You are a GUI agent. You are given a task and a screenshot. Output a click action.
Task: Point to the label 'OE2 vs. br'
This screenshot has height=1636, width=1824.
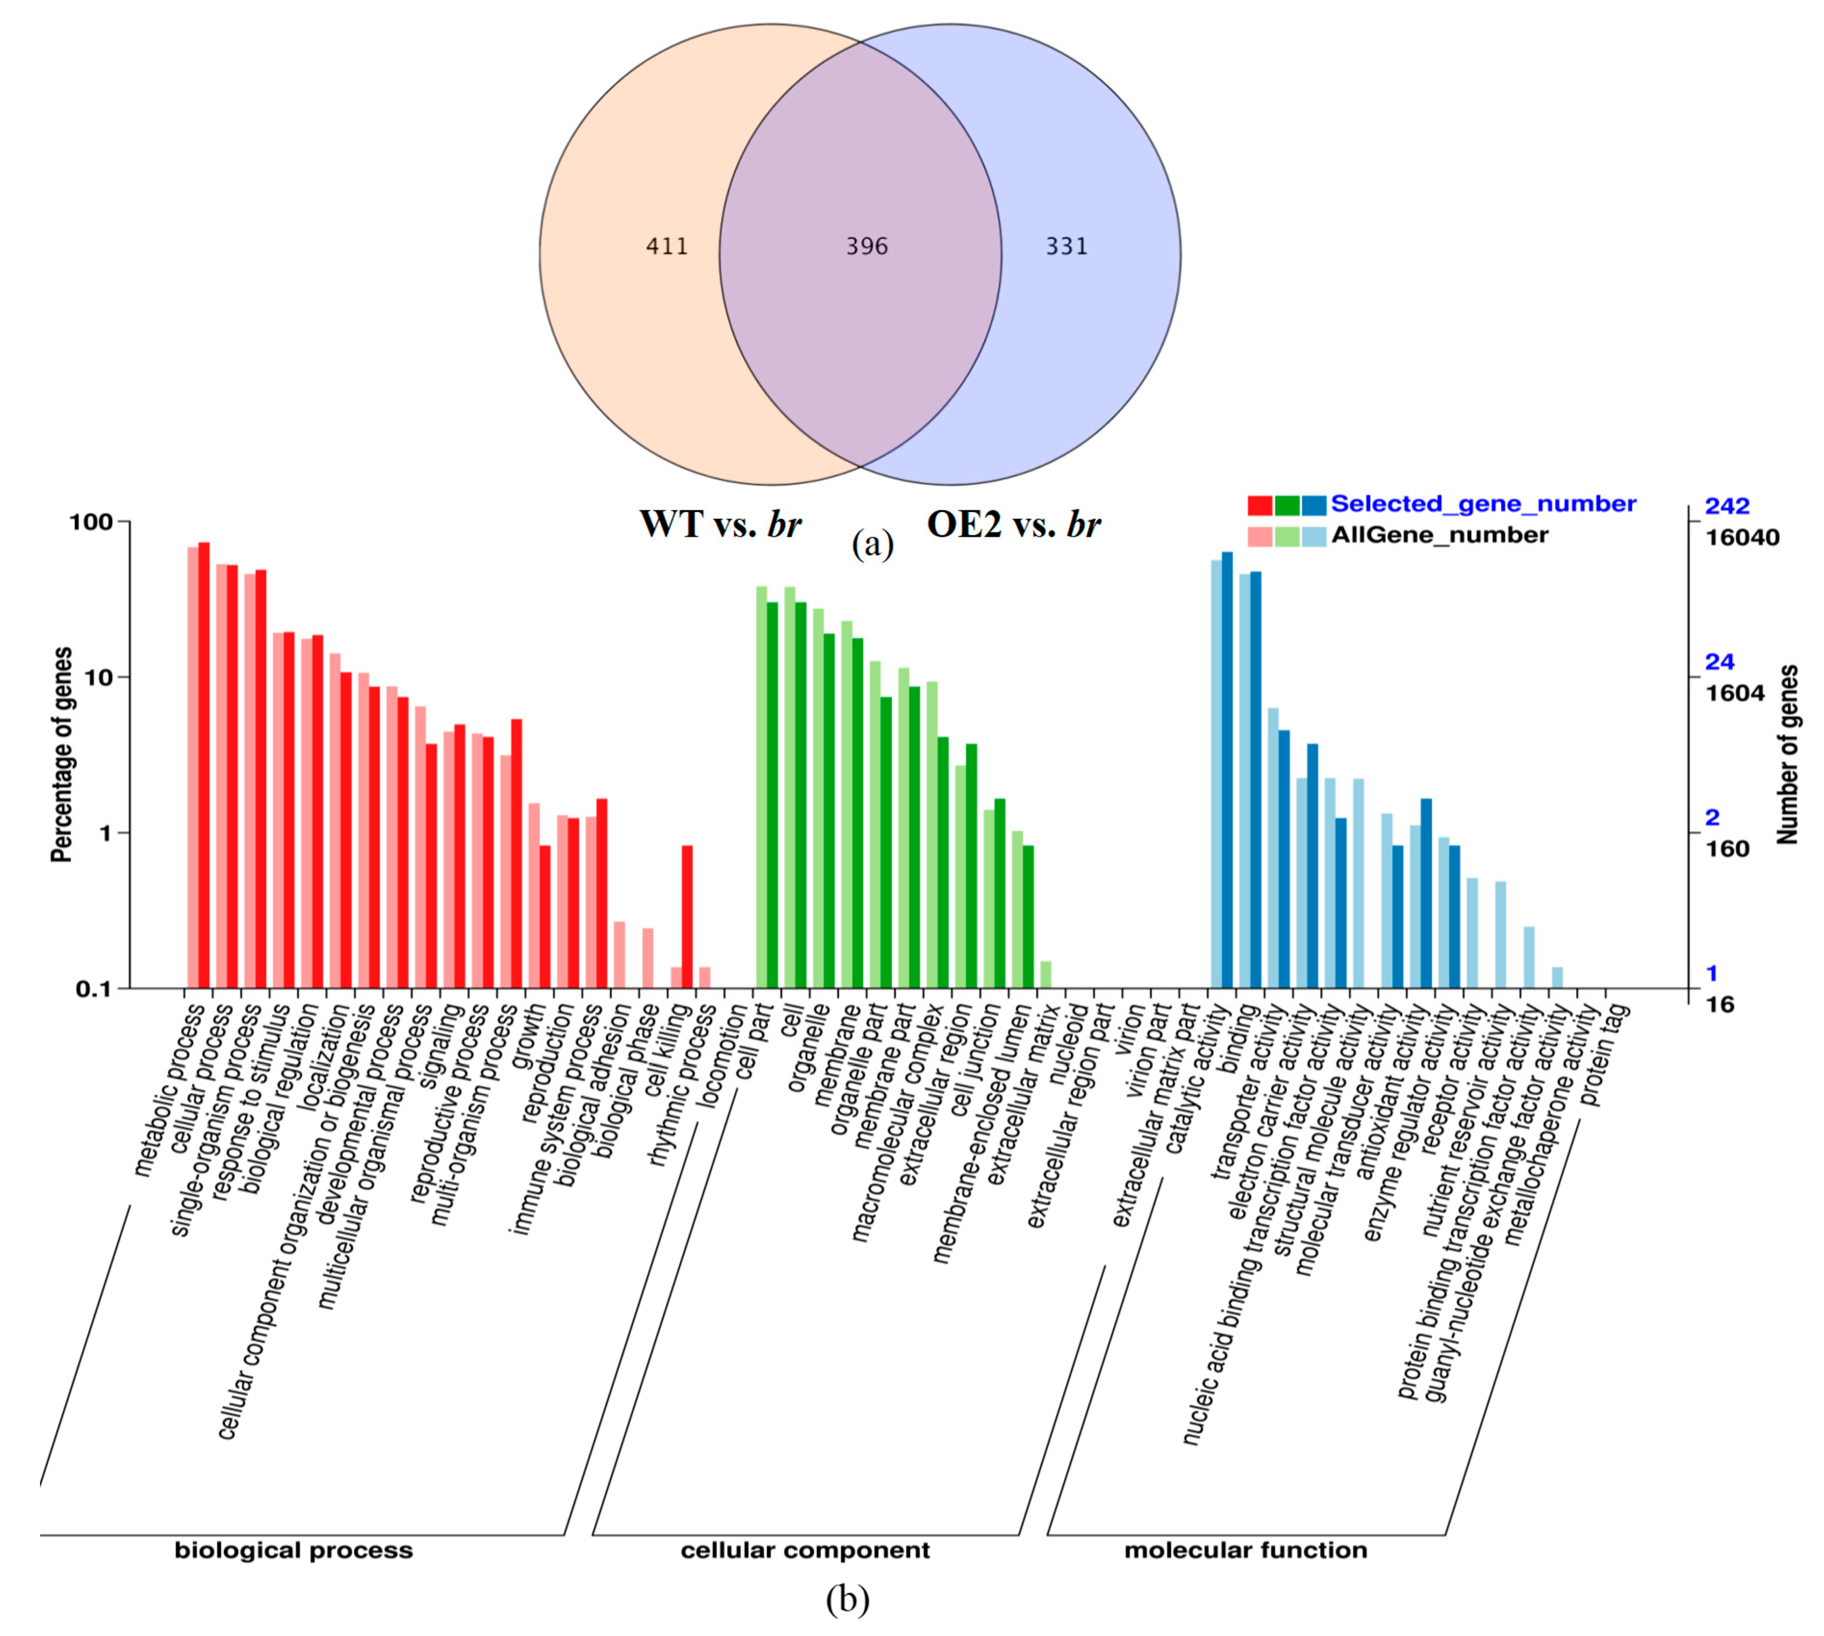pyautogui.click(x=1013, y=524)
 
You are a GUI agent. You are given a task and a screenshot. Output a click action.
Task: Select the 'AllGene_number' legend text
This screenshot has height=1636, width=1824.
pyautogui.click(x=1439, y=536)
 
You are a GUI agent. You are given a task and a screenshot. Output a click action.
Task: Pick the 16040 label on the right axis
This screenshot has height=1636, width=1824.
pyautogui.click(x=1742, y=538)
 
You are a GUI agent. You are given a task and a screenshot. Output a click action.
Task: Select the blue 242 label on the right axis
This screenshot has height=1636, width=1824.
pyautogui.click(x=1727, y=506)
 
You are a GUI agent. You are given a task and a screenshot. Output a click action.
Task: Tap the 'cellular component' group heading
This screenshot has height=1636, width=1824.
pyautogui.click(x=805, y=1551)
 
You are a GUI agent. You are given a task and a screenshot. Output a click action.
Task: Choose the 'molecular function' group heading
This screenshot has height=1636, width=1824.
pyautogui.click(x=1245, y=1551)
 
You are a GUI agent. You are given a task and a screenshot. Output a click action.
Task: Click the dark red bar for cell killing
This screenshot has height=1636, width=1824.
pyautogui.click(x=687, y=917)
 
